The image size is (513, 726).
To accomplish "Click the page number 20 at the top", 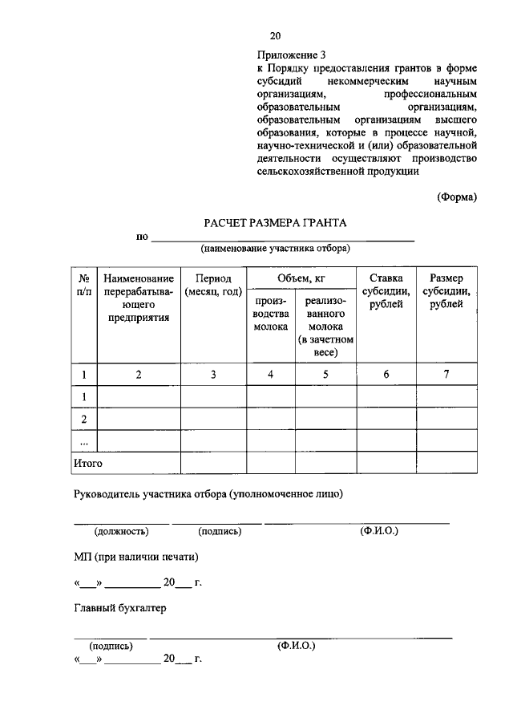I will coord(276,36).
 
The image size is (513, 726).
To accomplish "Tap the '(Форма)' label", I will coord(457,197).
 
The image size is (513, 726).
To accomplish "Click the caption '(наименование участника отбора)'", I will coord(275,249).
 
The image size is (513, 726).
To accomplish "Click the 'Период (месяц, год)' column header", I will coord(212,284).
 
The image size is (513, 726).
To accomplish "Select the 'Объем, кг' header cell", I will coord(301,278).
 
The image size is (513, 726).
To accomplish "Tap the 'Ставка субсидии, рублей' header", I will coord(386,291).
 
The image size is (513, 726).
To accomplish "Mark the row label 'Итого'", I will coord(88,463).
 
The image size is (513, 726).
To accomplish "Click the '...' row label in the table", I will coord(83,441).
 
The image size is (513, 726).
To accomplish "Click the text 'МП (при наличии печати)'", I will coord(135,557).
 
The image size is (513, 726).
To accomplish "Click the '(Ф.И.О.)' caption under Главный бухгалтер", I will coord(296,644).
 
